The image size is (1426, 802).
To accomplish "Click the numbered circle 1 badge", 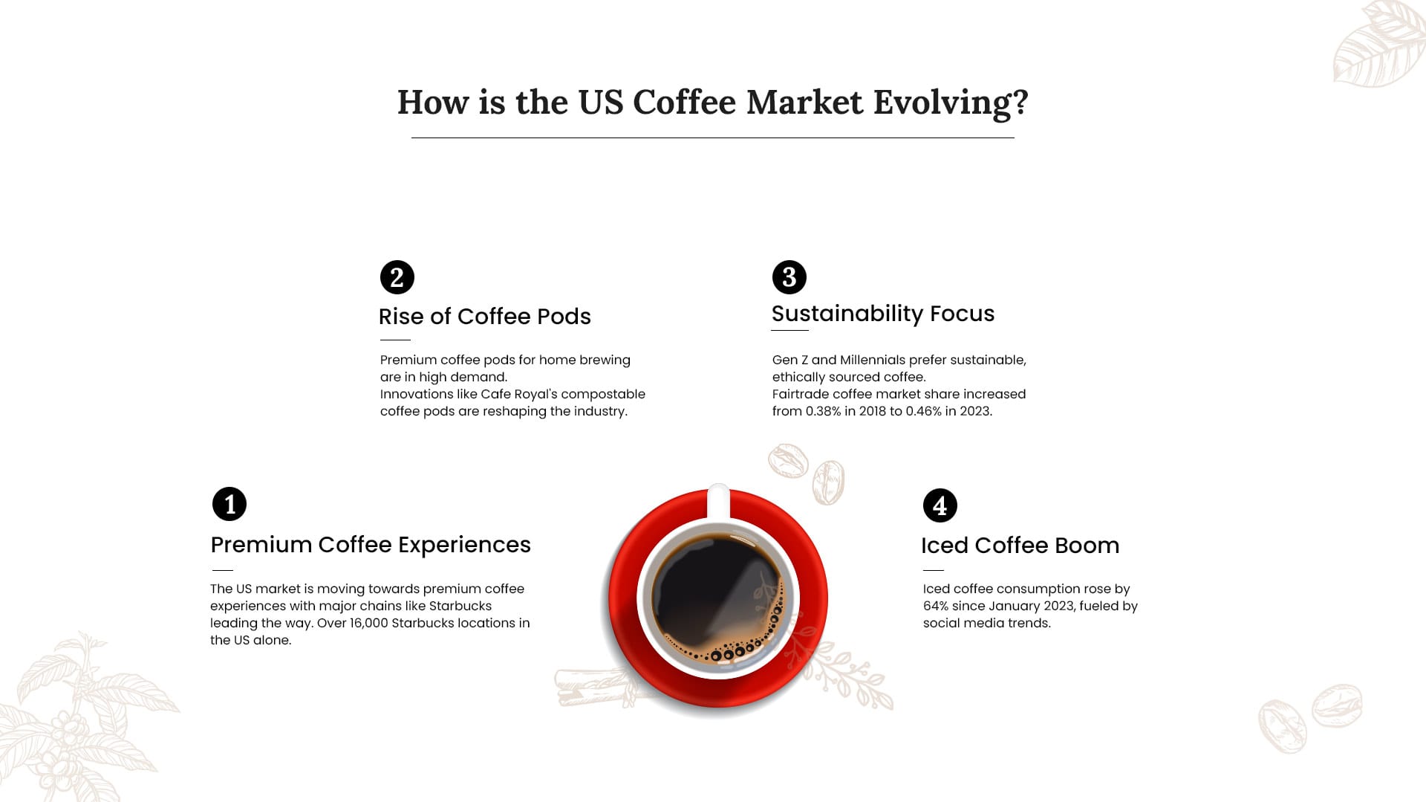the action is click(229, 504).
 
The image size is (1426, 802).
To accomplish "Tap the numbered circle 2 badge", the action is click(397, 277).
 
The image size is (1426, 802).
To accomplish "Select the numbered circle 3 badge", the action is click(789, 277).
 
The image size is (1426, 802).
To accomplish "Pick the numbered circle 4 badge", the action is click(940, 505).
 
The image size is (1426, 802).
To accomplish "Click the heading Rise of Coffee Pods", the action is click(485, 317).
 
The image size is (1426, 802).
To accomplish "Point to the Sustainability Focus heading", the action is click(883, 314).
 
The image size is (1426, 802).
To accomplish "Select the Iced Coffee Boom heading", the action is click(1020, 546).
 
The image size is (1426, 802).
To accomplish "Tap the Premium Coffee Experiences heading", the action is click(371, 545).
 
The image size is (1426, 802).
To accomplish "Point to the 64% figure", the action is click(936, 606).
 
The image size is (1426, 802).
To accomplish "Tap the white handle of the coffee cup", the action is click(718, 501).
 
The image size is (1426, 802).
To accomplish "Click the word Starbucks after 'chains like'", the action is click(460, 606).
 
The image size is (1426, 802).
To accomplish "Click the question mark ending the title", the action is click(1020, 103).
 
